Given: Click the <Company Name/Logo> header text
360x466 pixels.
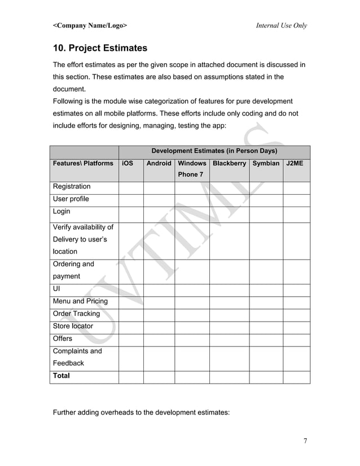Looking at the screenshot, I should pyautogui.click(x=90, y=25).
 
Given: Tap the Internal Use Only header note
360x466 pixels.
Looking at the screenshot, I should pyautogui.click(x=281, y=25).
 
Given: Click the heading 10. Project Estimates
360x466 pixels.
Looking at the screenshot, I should pyautogui.click(x=100, y=48).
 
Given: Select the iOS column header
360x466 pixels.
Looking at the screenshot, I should pyautogui.click(x=128, y=163).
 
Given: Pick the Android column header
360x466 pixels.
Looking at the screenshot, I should pyautogui.click(x=159, y=163).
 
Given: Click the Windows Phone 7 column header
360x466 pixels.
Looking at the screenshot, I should pyautogui.click(x=192, y=169).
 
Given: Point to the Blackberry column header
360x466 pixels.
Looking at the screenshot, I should pyautogui.click(x=229, y=163).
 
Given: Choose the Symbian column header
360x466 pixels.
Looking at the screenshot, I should pyautogui.click(x=266, y=163).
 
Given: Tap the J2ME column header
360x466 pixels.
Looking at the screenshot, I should pyautogui.click(x=295, y=163).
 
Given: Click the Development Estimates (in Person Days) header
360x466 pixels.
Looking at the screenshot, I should pyautogui.click(x=214, y=151).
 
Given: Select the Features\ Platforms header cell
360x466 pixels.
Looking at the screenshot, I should pyautogui.click(x=83, y=163).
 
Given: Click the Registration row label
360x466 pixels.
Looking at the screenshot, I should pyautogui.click(x=71, y=187).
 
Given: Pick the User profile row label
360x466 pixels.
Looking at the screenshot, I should pyautogui.click(x=71, y=199).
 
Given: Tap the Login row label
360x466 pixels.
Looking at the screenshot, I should pyautogui.click(x=62, y=212).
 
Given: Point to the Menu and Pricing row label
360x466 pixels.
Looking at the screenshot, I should pyautogui.click(x=80, y=301).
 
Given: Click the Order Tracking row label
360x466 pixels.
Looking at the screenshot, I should pyautogui.click(x=76, y=314).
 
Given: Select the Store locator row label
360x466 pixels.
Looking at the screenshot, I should pyautogui.click(x=73, y=326).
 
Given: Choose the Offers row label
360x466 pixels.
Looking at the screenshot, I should pyautogui.click(x=63, y=338).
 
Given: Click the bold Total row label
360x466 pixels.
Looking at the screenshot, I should pyautogui.click(x=62, y=376).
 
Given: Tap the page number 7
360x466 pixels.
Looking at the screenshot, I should pyautogui.click(x=305, y=441).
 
